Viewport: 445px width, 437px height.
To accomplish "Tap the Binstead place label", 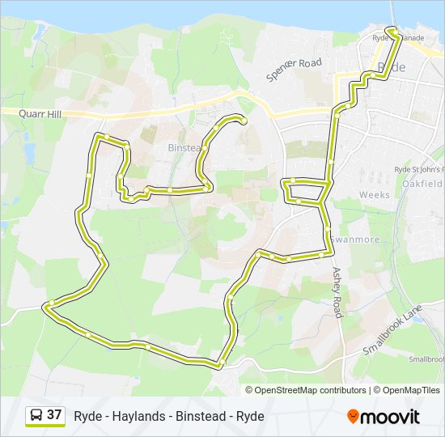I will [x=183, y=148].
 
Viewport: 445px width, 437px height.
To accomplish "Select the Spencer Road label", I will [x=295, y=70].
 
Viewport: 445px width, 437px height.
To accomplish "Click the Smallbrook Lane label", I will [x=394, y=331].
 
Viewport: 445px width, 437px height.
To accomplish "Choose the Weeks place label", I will [x=374, y=195].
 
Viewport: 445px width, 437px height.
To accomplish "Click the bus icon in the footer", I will [x=36, y=416].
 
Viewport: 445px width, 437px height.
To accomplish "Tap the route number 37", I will [x=54, y=415].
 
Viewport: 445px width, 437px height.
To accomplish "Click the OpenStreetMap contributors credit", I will [x=310, y=390].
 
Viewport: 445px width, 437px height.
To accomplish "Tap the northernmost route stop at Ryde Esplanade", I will [x=391, y=31].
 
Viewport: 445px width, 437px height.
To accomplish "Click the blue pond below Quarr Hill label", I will [x=30, y=151].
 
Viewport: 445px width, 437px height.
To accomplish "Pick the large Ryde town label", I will [x=392, y=68].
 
